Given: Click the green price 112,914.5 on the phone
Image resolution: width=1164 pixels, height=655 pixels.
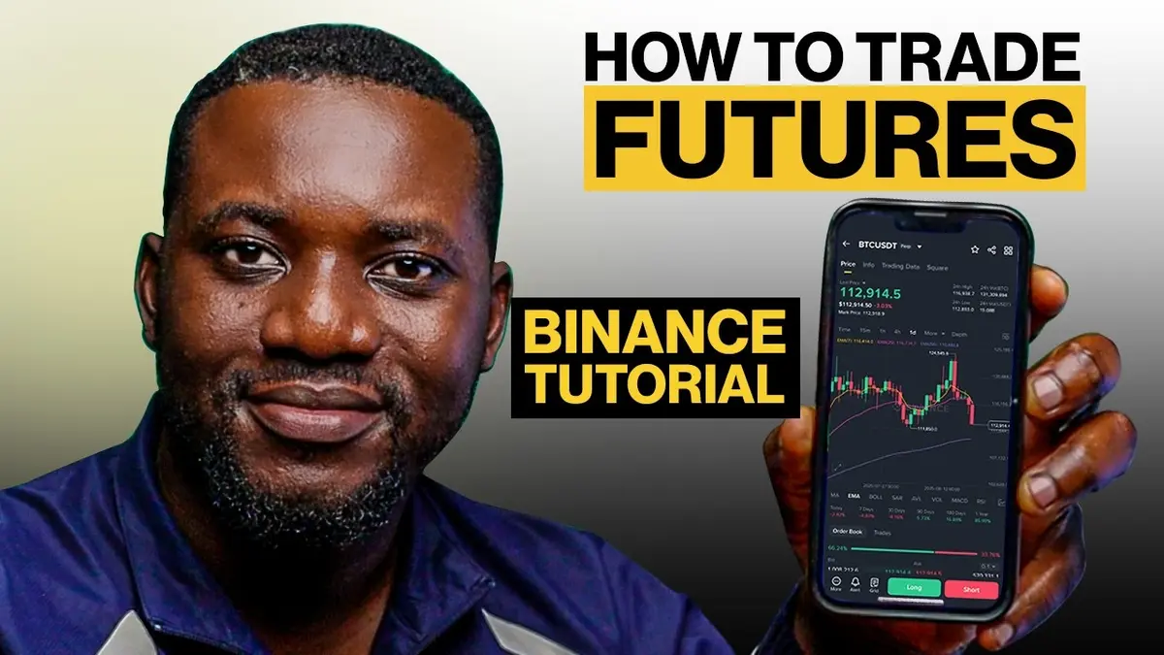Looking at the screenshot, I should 872,293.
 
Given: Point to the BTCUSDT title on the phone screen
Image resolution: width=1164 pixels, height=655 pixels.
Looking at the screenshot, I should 883,245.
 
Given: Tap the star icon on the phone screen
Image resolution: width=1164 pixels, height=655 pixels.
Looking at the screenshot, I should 975,249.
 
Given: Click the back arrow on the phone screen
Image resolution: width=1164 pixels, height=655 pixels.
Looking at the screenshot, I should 847,244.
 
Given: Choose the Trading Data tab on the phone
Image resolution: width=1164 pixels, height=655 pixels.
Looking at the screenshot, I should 900,265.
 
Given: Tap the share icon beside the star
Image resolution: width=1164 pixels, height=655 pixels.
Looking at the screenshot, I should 991,249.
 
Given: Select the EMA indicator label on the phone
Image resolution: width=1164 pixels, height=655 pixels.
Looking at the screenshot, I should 855,496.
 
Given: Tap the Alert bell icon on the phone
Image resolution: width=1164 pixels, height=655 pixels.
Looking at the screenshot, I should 855,584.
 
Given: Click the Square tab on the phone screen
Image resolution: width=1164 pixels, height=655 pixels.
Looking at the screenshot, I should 937,266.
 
